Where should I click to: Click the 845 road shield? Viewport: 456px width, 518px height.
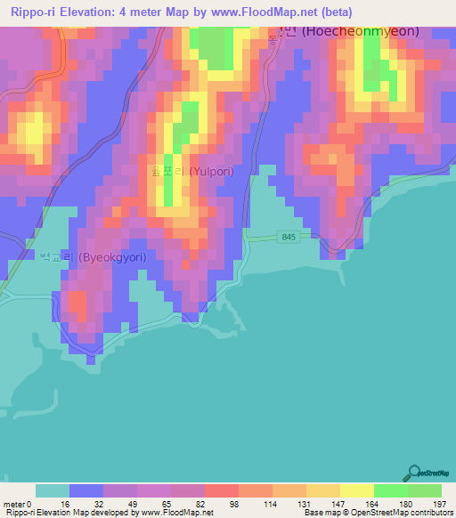pyautogui.click(x=287, y=237)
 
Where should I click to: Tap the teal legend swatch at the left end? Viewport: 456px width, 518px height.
pyautogui.click(x=52, y=490)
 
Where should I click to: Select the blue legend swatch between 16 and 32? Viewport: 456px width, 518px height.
pyautogui.click(x=85, y=490)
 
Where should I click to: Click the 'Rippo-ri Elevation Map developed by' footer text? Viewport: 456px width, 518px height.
pyautogui.click(x=69, y=513)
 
